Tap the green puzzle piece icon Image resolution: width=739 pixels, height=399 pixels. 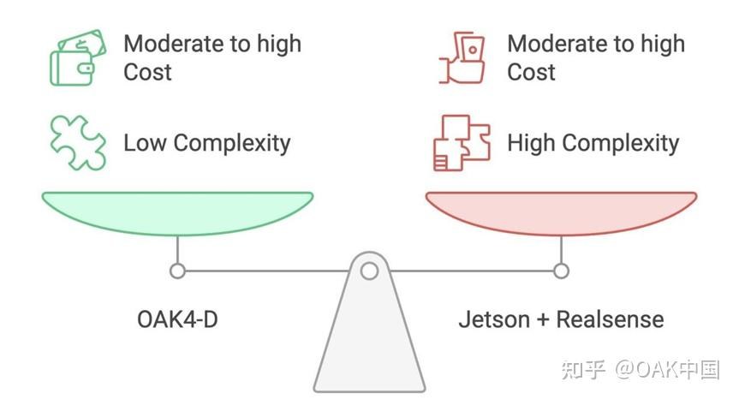77,142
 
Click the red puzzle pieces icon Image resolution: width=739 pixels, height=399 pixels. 462,142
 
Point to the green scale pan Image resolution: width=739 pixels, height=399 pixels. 177,211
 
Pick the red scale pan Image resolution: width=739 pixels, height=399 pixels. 561,211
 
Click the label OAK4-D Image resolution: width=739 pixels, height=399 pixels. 177,319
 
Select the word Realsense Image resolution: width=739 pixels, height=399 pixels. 610,319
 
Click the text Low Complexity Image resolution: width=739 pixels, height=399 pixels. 207,142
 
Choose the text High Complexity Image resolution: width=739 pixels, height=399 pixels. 593,142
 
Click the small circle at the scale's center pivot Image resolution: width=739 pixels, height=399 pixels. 369,271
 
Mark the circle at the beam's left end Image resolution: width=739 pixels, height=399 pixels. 177,271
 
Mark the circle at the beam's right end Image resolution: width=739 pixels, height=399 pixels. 561,271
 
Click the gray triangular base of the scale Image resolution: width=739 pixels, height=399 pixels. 369,342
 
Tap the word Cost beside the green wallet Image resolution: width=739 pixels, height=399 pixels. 147,72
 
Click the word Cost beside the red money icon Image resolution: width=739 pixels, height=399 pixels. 531,72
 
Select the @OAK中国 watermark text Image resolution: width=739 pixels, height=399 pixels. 668,369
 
